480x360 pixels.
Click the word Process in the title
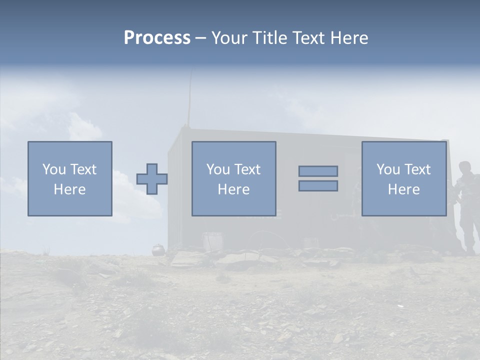click(157, 38)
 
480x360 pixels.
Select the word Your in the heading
click(229, 38)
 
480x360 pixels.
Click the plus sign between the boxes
click(152, 179)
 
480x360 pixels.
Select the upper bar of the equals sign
click(318, 171)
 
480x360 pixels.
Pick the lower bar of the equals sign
click(318, 186)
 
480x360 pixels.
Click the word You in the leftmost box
click(54, 169)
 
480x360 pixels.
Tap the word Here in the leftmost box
click(70, 189)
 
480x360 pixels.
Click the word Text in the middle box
click(247, 169)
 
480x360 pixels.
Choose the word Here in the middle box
click(234, 189)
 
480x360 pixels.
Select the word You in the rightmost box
click(388, 169)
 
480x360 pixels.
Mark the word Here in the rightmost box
click(404, 189)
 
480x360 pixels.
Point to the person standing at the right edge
click(467, 205)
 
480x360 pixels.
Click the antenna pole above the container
click(189, 100)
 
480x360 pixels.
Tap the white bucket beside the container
click(212, 241)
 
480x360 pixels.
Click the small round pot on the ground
click(157, 249)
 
